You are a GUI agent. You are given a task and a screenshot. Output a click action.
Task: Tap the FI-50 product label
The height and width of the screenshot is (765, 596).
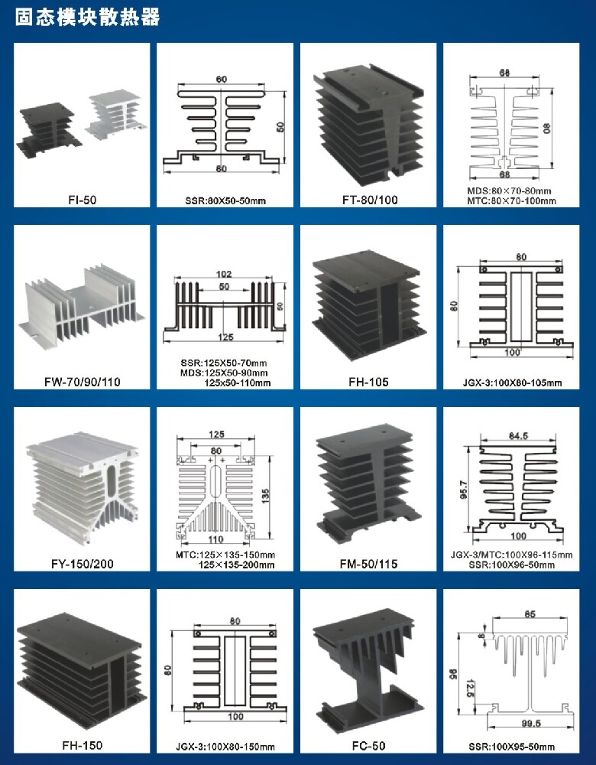point(82,200)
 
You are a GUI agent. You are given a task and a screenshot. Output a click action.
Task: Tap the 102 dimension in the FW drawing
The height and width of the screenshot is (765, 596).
point(225,275)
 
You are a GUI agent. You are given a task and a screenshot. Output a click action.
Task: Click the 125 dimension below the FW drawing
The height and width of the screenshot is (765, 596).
point(225,337)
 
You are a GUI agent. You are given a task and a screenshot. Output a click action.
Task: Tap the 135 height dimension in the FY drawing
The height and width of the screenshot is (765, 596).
point(265,494)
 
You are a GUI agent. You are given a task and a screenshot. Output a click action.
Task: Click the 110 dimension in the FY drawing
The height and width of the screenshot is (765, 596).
point(216,539)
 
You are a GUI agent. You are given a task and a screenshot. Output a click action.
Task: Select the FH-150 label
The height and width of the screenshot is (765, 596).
point(82,745)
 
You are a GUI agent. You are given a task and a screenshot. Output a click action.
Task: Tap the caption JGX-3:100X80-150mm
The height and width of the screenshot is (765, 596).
point(225,747)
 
